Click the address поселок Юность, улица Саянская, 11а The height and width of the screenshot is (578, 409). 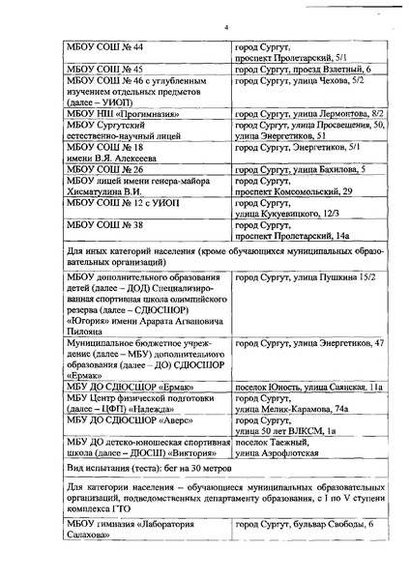308,388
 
